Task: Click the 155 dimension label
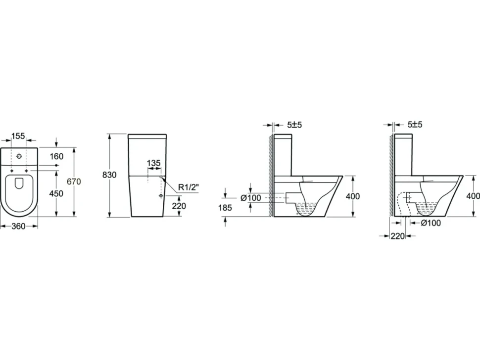(18, 136)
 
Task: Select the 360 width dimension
(18, 226)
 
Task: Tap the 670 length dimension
(74, 181)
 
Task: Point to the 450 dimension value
(56, 194)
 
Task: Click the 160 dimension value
(56, 157)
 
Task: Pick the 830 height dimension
(109, 175)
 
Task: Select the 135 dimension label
(153, 163)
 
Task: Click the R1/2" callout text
(189, 187)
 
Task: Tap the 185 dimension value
(225, 208)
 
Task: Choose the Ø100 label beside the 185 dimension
(251, 198)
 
